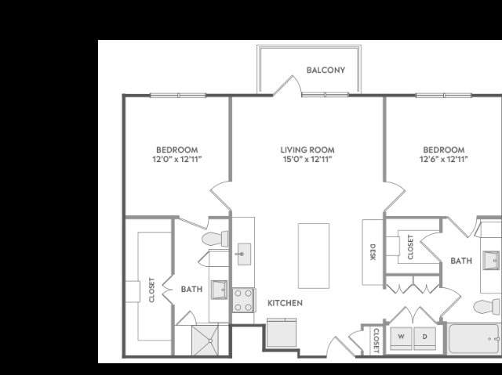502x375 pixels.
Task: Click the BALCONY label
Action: pos(326,70)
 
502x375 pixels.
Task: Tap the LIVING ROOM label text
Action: pos(307,150)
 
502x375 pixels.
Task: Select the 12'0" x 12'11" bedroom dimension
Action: pos(177,159)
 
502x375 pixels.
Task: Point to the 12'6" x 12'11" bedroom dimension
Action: pos(444,159)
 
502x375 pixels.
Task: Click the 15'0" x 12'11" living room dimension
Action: pos(307,159)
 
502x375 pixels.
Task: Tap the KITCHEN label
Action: pos(285,303)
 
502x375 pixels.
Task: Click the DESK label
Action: pos(373,252)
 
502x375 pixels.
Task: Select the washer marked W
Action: pos(401,338)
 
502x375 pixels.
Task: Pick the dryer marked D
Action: pos(425,338)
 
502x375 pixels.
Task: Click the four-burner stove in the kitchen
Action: pos(243,301)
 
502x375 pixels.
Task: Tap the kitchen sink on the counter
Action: pos(244,254)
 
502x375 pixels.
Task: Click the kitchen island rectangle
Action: pos(314,256)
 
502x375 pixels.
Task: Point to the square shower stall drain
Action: pos(210,341)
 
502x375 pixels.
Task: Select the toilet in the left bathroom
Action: pos(215,238)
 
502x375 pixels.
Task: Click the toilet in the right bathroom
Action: pos(486,307)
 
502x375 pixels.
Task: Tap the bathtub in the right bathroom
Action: pos(474,339)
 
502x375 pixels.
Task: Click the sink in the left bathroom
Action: pos(219,290)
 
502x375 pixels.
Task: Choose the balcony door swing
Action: pos(287,85)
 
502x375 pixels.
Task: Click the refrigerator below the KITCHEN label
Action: pos(282,333)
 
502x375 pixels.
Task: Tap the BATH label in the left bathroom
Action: pos(191,290)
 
